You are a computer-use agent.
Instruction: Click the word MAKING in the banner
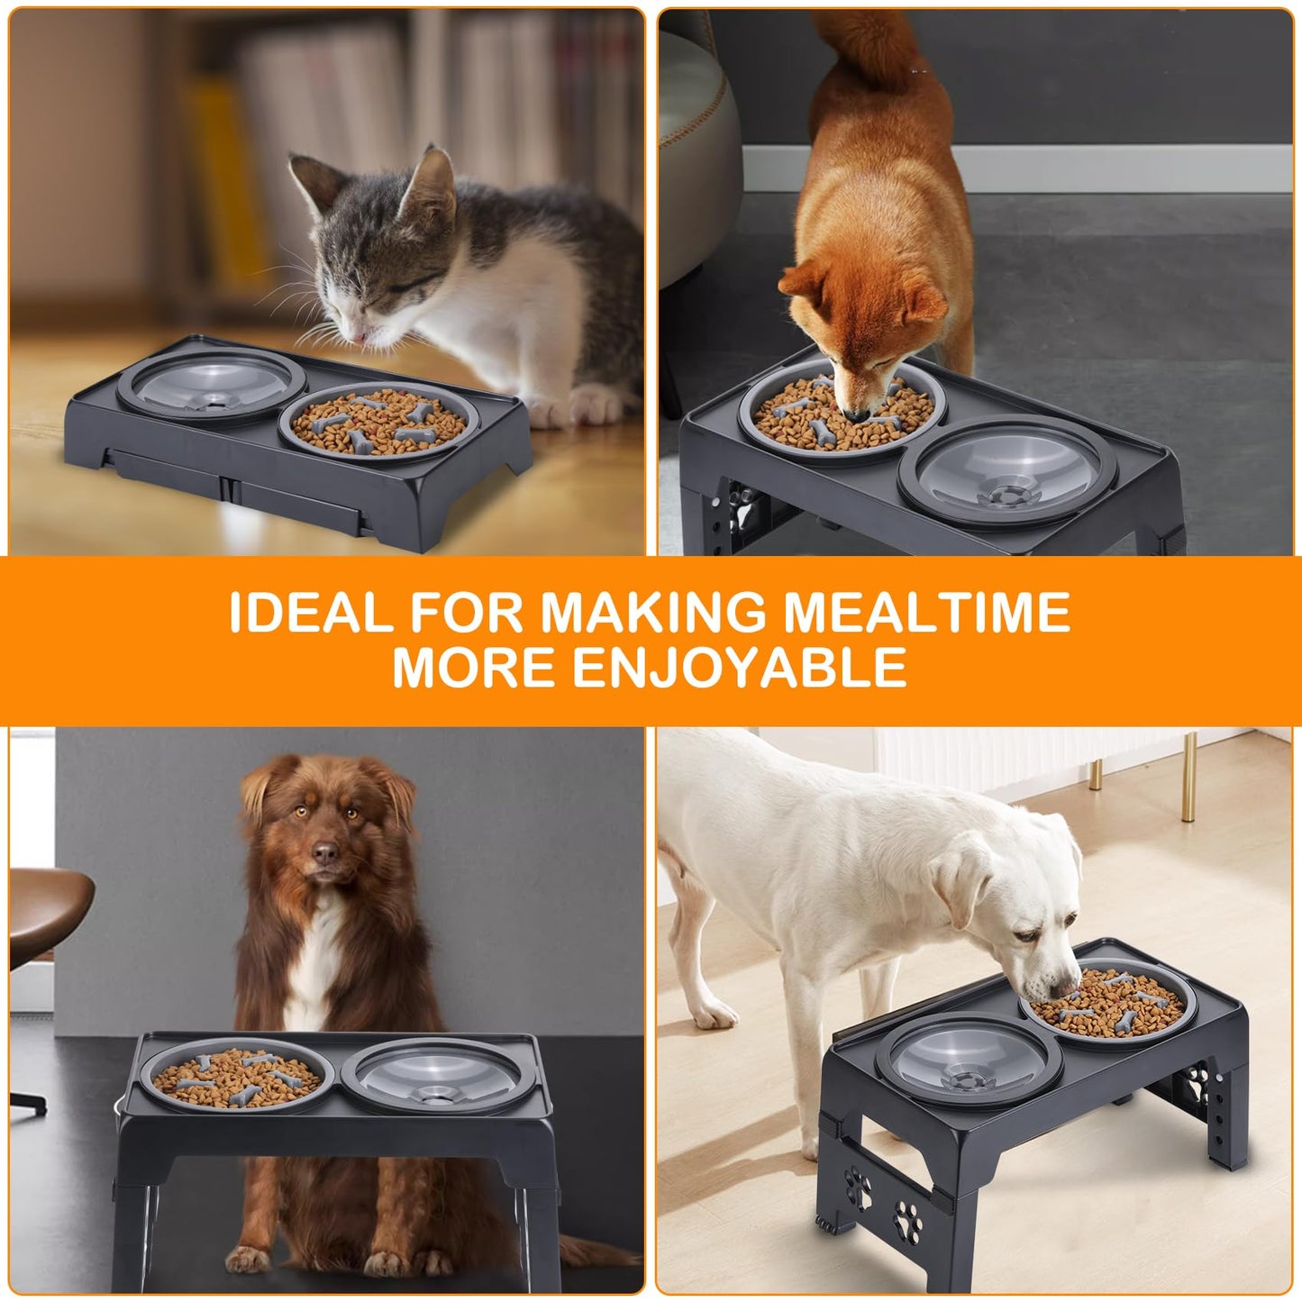pyautogui.click(x=652, y=613)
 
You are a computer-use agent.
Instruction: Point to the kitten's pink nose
pyautogui.click(x=360, y=336)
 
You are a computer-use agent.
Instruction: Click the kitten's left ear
pyautogui.click(x=313, y=180)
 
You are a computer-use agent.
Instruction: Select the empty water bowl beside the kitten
pyautogui.click(x=200, y=385)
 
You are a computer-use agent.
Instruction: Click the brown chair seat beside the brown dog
pyautogui.click(x=45, y=910)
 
